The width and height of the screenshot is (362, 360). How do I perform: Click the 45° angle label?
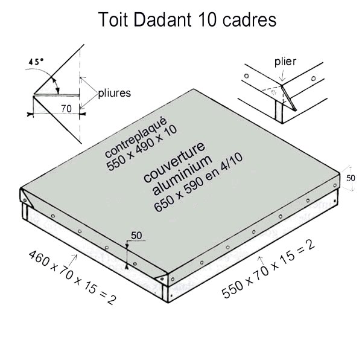(37, 62)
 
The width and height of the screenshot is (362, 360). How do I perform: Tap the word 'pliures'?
(115, 93)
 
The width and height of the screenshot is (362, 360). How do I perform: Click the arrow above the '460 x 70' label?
(75, 259)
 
